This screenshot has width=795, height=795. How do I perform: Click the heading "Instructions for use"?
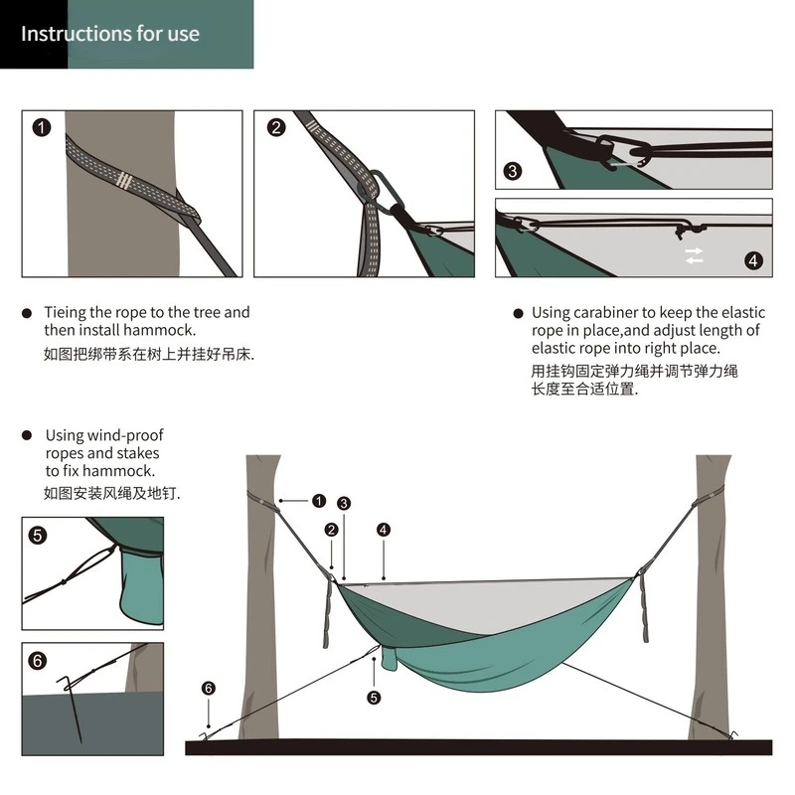pos(110,34)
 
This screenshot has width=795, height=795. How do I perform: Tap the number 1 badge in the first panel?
pos(41,127)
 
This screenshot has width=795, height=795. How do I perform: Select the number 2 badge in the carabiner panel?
pos(276,127)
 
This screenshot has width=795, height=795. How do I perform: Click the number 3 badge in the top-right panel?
pos(513,171)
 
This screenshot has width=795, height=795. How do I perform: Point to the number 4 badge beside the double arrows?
pos(753,260)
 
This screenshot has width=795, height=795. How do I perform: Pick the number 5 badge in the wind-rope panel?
pos(38,535)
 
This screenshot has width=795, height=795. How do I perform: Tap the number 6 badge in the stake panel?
pos(38,661)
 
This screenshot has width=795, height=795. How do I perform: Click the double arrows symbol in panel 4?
pos(694,255)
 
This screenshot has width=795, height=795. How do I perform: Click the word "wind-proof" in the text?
pos(126,435)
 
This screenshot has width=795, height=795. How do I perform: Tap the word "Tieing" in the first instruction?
pos(66,312)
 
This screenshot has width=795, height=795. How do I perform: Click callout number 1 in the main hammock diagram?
pos(318,501)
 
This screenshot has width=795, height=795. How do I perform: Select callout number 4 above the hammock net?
pos(384,530)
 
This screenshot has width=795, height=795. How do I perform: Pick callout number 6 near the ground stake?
pos(208,688)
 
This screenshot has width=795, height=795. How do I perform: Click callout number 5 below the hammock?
pos(374,697)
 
